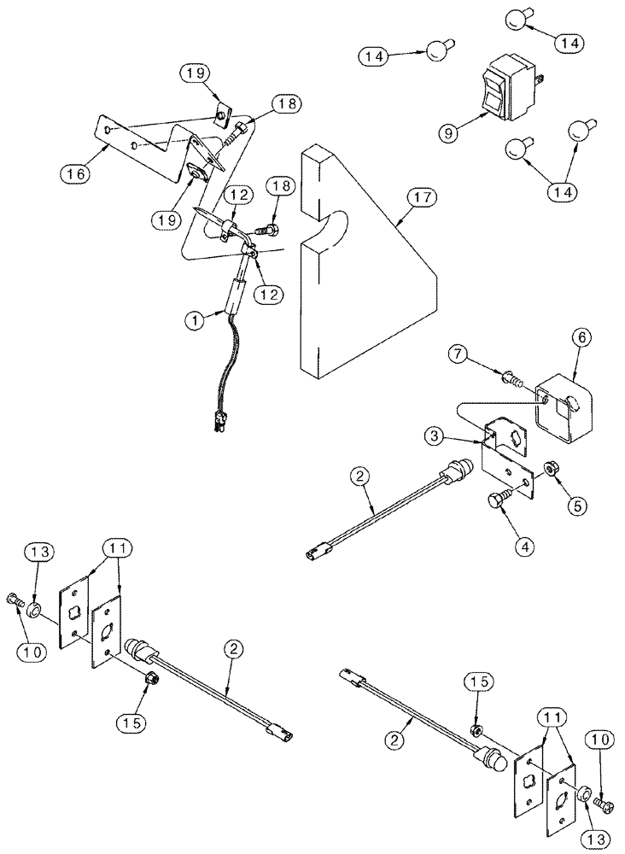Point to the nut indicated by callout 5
[x=551, y=469]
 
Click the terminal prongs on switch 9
[x=540, y=83]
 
